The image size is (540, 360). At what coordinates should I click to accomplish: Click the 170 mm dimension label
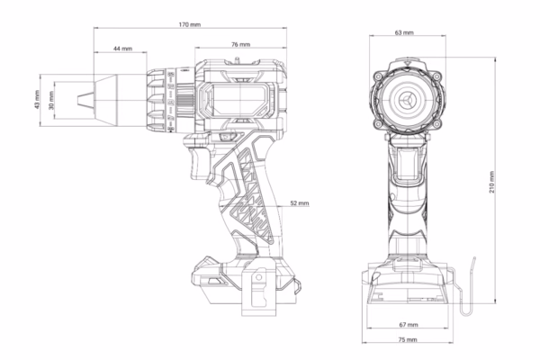coord(189,25)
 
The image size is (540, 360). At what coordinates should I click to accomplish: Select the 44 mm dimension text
coord(123,49)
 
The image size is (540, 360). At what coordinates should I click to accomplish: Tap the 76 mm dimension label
coord(240,44)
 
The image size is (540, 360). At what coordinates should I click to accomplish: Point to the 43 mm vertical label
coord(37,100)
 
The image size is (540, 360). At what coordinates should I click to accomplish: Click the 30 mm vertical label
coord(51,100)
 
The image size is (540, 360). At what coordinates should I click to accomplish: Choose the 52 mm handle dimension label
coord(300,203)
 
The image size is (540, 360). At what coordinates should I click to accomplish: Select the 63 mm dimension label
coord(404,32)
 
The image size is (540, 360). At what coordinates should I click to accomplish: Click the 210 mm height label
coord(491,182)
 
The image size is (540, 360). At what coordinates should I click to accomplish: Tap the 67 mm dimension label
coord(409,325)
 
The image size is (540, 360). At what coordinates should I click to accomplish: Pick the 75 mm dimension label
coord(408,339)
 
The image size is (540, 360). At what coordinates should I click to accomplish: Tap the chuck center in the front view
coord(408,100)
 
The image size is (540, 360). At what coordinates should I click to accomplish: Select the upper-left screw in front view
coord(379,76)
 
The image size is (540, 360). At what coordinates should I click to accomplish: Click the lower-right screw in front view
coord(436,124)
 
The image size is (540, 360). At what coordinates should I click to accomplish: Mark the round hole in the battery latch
coord(258,277)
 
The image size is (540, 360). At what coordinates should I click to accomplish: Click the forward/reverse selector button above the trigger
coord(227,137)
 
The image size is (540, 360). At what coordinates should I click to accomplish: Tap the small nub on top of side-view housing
coord(237,59)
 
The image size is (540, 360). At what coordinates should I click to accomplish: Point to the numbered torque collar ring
coord(170,100)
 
